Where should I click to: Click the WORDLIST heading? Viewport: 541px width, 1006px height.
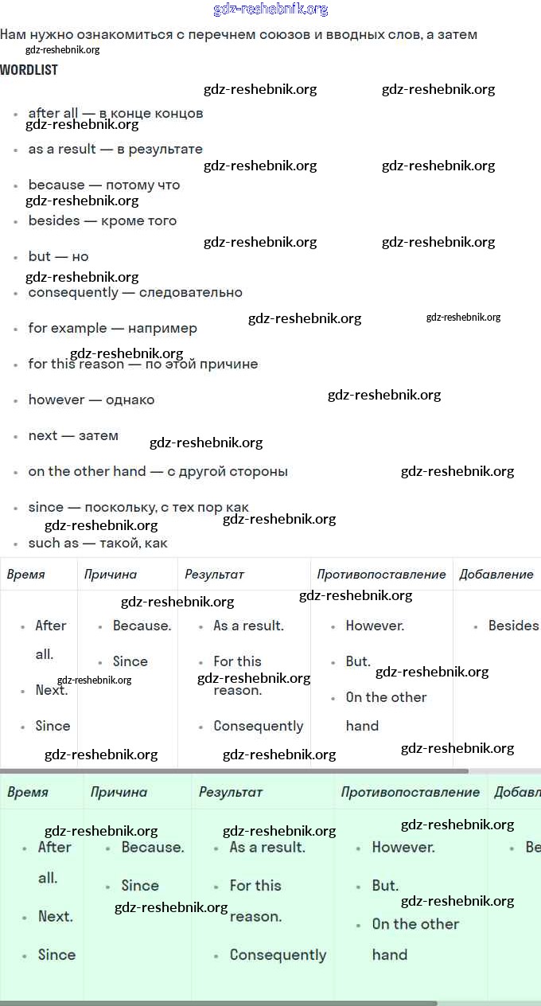(29, 70)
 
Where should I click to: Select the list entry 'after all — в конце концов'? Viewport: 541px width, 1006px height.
(115, 113)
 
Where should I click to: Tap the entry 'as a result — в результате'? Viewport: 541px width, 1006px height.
(115, 149)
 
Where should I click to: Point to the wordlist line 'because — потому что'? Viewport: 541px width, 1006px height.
(104, 185)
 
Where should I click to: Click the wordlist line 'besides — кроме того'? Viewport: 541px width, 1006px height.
(103, 220)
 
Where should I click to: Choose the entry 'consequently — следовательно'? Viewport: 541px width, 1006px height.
(135, 292)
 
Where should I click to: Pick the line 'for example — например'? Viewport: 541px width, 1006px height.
(112, 328)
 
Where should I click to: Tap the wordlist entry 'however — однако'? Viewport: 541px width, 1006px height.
(91, 400)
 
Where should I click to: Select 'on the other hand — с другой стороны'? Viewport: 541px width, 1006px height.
(158, 471)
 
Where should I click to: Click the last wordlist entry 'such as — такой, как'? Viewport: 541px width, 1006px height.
(98, 543)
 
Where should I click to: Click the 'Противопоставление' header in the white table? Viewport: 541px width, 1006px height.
(381, 574)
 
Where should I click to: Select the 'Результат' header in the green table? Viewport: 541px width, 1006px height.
(231, 792)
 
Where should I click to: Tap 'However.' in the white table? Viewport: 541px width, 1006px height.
(375, 626)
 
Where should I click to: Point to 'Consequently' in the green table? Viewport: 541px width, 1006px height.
(278, 955)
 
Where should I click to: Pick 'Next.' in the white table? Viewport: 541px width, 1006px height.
(52, 690)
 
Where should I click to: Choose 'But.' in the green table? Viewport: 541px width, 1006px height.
(385, 886)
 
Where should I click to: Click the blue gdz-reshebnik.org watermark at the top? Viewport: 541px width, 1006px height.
(270, 10)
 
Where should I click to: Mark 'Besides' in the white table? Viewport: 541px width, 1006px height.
(513, 626)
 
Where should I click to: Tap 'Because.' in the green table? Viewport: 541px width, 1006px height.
(153, 848)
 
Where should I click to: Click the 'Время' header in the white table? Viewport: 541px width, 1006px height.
(26, 574)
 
